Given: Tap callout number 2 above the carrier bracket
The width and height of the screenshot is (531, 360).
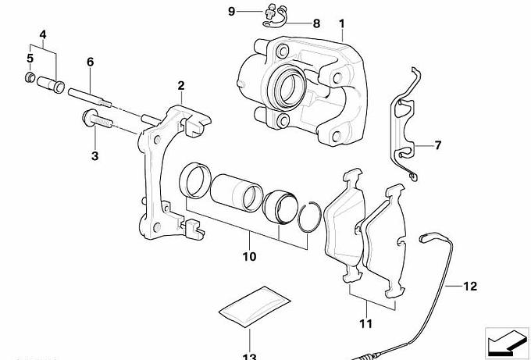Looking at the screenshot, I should (x=180, y=85).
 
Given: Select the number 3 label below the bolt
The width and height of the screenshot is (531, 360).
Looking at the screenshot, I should (x=94, y=156).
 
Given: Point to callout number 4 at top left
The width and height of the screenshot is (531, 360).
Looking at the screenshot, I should (x=42, y=34).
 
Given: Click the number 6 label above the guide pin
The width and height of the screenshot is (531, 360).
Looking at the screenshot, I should (x=90, y=61).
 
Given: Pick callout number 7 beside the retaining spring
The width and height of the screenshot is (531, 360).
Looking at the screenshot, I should (x=437, y=146).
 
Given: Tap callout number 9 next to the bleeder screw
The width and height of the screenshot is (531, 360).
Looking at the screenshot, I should (x=231, y=11).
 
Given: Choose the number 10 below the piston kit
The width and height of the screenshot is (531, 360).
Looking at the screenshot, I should (x=249, y=256).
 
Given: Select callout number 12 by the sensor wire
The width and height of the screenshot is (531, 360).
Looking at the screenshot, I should (x=469, y=286).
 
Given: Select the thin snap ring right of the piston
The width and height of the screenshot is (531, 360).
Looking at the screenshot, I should (x=310, y=216).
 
